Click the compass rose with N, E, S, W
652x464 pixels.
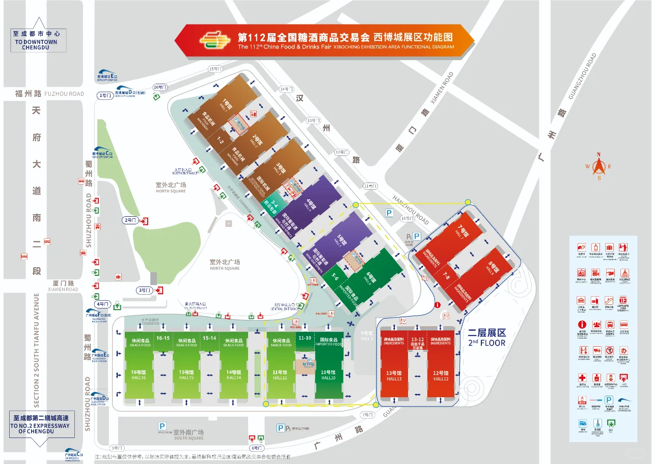[x=599, y=167]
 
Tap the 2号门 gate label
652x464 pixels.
[x=131, y=220]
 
